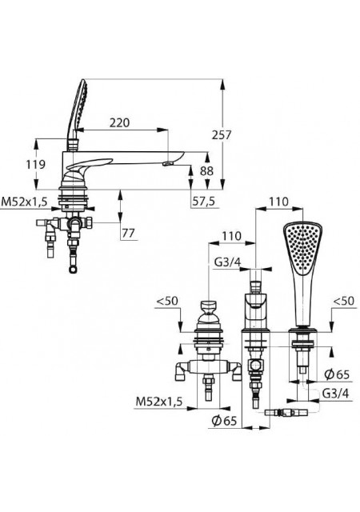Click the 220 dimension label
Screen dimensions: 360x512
pyautogui.click(x=119, y=122)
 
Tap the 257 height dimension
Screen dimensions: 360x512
pyautogui.click(x=222, y=134)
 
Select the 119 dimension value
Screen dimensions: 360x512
pyautogui.click(x=36, y=164)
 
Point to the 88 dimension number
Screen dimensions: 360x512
pyautogui.click(x=206, y=170)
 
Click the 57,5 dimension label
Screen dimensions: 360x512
pyautogui.click(x=203, y=202)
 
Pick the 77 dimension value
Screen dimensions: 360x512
pyautogui.click(x=128, y=233)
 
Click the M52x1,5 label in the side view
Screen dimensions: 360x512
pyautogui.click(x=25, y=202)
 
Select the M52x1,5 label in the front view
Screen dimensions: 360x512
pyautogui.click(x=159, y=402)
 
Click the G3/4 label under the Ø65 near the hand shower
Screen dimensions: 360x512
pyautogui.click(x=335, y=394)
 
